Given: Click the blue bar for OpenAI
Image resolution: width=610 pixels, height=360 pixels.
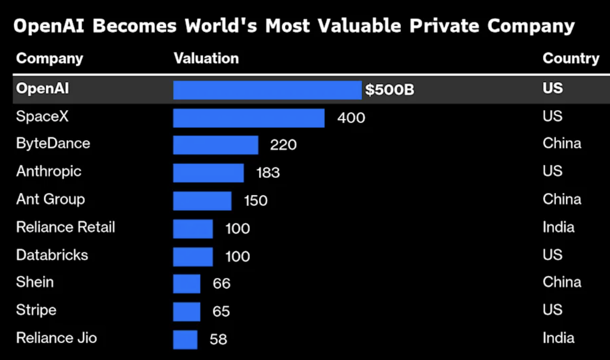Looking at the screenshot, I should (x=267, y=90).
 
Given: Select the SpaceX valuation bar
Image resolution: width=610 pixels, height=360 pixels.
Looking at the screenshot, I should (x=249, y=118).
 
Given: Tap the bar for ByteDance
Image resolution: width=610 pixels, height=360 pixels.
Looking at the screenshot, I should (x=216, y=145).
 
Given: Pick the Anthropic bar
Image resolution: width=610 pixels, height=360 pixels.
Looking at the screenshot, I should (x=209, y=172).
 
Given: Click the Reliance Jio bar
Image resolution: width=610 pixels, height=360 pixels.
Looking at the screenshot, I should (x=185, y=340).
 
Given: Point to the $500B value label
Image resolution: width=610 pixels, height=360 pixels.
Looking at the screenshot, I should (x=390, y=90).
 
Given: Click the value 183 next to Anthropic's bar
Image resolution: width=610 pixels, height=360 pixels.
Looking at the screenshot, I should (x=268, y=173).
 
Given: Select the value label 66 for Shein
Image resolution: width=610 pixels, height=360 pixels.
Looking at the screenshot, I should (x=222, y=284).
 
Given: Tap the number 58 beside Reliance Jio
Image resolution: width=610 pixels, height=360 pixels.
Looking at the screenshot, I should (x=218, y=339).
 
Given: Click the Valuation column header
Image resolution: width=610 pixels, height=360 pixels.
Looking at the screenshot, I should (x=206, y=59).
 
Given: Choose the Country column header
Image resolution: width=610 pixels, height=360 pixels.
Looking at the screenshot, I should (x=571, y=59).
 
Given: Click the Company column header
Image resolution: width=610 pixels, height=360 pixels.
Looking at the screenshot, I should (x=49, y=59).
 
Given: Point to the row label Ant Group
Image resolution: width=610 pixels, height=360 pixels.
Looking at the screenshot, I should (x=50, y=199).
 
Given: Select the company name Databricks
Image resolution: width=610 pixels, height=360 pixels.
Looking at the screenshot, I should (x=52, y=254).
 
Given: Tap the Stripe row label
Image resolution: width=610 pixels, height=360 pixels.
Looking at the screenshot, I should (x=36, y=310).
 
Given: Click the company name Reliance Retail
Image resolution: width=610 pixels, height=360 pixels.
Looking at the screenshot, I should (x=66, y=227).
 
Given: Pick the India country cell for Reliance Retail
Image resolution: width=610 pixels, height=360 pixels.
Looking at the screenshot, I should (x=558, y=227).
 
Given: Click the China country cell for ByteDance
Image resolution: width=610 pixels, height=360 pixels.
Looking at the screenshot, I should (x=562, y=143).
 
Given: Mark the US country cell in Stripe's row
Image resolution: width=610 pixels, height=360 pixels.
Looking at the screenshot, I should (x=552, y=310).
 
